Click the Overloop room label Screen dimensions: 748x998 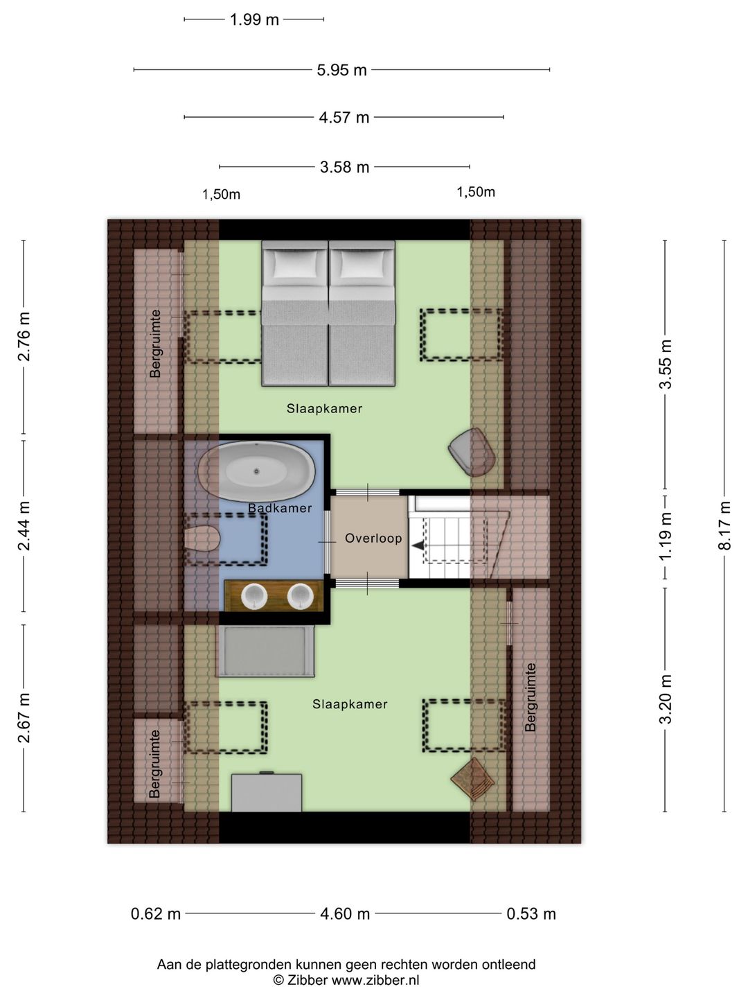click(373, 539)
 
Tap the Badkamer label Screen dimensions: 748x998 click(280, 508)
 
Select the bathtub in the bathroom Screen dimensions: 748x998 click(256, 471)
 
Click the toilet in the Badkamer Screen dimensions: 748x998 click(202, 539)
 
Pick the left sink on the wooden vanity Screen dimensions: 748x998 click(254, 596)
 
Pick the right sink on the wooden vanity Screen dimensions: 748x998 click(300, 596)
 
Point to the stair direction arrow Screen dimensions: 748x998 click(418, 545)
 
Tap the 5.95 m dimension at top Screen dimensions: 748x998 click(342, 70)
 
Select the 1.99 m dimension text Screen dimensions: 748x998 click(254, 20)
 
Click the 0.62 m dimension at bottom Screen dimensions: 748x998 click(156, 913)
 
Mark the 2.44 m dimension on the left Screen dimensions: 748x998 click(24, 526)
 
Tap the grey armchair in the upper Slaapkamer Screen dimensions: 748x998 click(472, 452)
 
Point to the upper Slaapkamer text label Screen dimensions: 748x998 click(324, 409)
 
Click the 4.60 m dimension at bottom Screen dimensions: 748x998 click(345, 913)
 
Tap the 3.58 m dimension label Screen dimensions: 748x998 click(345, 167)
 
